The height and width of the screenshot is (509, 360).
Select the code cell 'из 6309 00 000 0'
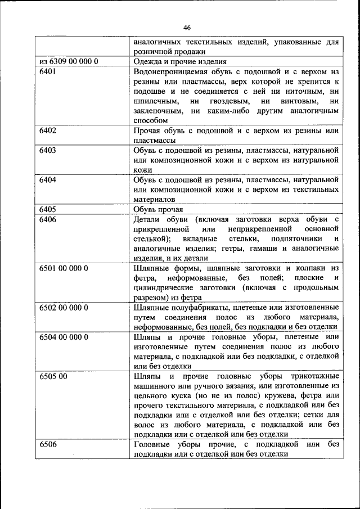tap(69, 61)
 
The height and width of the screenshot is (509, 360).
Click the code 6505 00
tap(54, 376)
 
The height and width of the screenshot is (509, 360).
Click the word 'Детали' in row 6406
tap(147, 219)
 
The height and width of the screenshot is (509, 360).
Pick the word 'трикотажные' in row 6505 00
tap(313, 376)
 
